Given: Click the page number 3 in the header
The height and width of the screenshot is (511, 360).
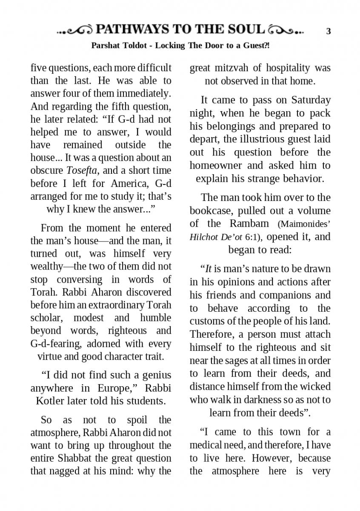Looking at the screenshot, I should (328, 31).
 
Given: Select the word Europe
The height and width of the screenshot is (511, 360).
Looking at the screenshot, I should (115, 388).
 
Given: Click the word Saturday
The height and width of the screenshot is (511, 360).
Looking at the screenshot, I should (311, 100).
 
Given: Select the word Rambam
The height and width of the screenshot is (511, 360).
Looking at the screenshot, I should (249, 223).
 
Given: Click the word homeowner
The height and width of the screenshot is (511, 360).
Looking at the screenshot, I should (216, 165).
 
